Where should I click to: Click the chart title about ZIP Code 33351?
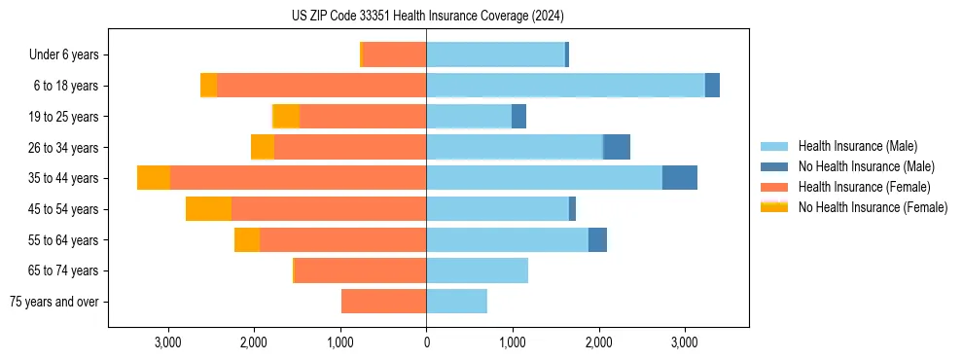(x=427, y=17)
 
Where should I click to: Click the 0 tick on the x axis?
(x=426, y=342)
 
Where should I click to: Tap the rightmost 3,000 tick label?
(x=684, y=342)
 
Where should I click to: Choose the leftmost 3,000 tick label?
(x=168, y=342)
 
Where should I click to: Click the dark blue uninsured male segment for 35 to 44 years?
(x=680, y=178)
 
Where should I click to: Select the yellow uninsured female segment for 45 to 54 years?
(x=208, y=209)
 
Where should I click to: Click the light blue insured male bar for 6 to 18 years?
(x=565, y=86)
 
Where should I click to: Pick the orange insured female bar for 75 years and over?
(x=383, y=302)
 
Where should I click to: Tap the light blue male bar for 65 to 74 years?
(x=477, y=270)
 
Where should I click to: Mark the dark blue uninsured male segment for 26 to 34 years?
(x=617, y=147)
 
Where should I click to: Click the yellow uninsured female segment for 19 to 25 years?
(x=286, y=117)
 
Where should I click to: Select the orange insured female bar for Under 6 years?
(x=394, y=55)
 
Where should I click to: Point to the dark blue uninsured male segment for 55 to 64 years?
(x=597, y=239)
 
